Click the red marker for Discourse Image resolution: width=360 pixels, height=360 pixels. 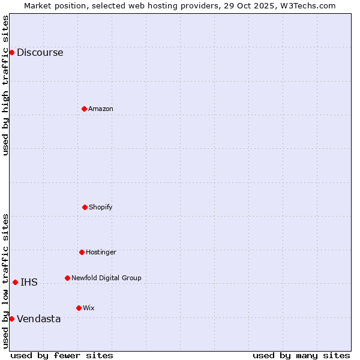pos(11,52)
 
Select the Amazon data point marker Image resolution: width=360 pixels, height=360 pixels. pos(84,109)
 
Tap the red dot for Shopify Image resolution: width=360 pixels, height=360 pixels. pos(85,207)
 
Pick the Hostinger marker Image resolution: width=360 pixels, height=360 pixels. pos(82,252)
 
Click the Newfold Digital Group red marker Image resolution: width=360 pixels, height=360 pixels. pos(67,278)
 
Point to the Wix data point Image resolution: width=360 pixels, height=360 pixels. pos(79,308)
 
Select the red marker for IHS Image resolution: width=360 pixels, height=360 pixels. pos(15,282)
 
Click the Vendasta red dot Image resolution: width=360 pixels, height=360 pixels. pos(11,319)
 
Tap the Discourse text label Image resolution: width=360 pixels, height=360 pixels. pos(40,53)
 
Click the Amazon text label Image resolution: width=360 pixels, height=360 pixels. pos(101,109)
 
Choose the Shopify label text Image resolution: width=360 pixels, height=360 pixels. pos(101,208)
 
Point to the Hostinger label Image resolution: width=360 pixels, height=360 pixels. pos(101,253)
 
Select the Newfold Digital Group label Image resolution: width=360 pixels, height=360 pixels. pos(106,278)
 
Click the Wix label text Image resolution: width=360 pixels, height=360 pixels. pos(89,308)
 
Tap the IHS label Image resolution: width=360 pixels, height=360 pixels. pos(29,283)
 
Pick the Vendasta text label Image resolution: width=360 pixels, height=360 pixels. pos(38,319)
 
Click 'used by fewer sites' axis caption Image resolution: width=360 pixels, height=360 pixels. pos(62,355)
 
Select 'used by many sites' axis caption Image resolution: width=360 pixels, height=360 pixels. pos(301,355)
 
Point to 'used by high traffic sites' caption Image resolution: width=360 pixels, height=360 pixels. pos(6,85)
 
